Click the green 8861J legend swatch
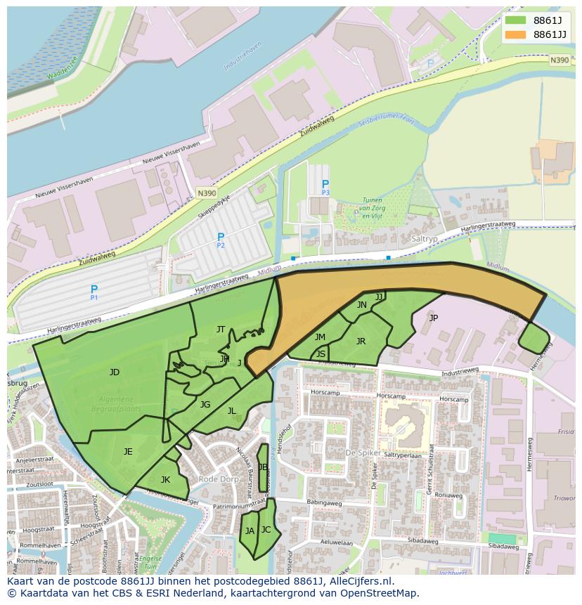(515, 20)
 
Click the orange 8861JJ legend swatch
(515, 34)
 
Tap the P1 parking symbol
(94, 290)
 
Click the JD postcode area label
(115, 372)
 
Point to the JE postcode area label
(128, 452)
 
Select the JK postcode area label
(165, 480)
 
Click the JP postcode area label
(433, 318)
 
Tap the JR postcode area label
(361, 341)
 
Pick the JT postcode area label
(221, 329)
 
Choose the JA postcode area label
(250, 531)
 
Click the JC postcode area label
(266, 530)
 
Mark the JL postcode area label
(231, 411)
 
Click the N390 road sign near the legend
(560, 60)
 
